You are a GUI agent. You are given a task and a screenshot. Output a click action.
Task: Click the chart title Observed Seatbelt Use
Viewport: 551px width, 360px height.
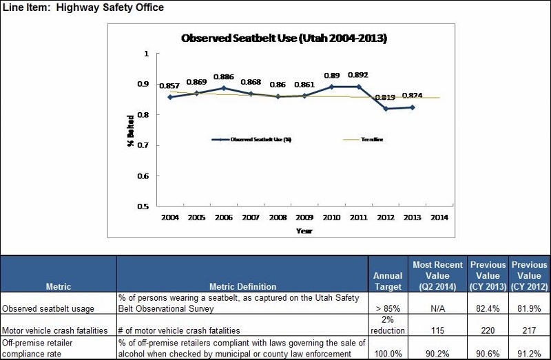pos(283,39)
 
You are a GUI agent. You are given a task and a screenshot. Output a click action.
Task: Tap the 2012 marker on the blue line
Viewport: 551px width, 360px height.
pos(385,109)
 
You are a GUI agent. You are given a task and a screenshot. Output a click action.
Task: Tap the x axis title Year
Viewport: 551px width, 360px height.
pos(304,231)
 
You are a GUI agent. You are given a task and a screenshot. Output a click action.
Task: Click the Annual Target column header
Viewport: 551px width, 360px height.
pos(387,281)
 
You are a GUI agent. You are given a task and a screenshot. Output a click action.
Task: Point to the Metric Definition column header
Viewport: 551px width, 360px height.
pos(242,286)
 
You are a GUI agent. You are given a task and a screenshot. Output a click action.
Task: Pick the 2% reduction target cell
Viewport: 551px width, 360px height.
pos(387,325)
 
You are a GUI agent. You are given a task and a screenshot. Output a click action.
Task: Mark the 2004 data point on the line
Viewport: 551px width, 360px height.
pos(169,97)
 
